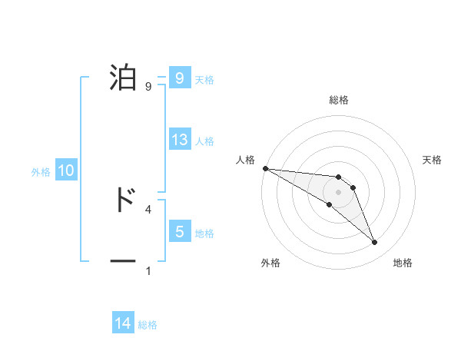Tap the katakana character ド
click(x=123, y=200)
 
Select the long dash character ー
click(x=123, y=262)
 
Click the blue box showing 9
click(x=179, y=78)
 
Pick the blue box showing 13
click(x=179, y=140)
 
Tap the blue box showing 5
click(x=179, y=232)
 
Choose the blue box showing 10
click(x=66, y=171)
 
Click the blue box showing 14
click(x=123, y=324)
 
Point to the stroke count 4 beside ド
click(x=148, y=209)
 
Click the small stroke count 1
click(x=148, y=271)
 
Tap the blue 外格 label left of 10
click(x=41, y=172)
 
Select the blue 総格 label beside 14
click(x=148, y=325)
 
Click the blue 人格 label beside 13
click(x=204, y=141)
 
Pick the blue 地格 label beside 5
click(x=204, y=233)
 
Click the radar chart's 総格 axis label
click(x=339, y=100)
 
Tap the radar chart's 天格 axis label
click(x=433, y=160)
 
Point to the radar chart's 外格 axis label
click(x=270, y=263)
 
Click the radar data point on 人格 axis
click(x=265, y=168)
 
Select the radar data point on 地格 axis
click(x=375, y=243)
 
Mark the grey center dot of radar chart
click(x=338, y=192)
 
